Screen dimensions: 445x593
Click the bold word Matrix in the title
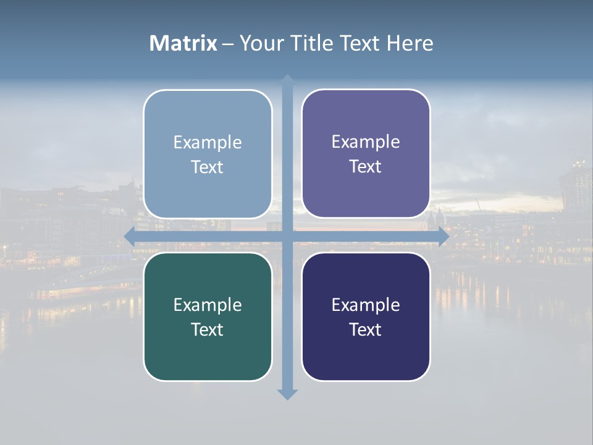point(183,43)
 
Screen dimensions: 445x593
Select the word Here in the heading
point(410,43)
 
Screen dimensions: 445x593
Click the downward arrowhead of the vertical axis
point(287,394)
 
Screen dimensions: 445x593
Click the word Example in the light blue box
point(208,142)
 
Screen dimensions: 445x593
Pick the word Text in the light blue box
point(208,167)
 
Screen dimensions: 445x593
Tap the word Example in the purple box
point(366,142)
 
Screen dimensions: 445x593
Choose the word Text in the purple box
point(366,166)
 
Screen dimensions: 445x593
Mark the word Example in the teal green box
point(208,305)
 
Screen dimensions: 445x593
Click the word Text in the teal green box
point(208,329)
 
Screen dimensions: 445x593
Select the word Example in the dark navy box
point(366,305)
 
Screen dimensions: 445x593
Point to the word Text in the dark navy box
point(366,329)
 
